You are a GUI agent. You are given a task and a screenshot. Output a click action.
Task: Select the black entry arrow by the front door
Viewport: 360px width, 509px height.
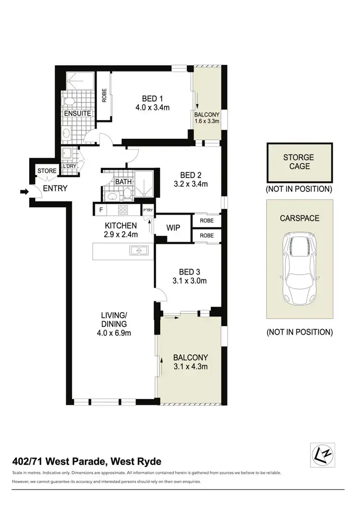pos(24,192)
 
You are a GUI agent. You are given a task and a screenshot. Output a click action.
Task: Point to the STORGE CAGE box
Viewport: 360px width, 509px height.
pos(299,162)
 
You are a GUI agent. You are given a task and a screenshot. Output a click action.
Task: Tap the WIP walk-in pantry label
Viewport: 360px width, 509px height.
pos(173,227)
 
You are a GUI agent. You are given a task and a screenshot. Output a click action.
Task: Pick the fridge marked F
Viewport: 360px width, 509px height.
pos(100,210)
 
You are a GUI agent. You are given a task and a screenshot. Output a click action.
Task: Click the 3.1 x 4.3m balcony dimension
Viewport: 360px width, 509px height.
pos(191,367)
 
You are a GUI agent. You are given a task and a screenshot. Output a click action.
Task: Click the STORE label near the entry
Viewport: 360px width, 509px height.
pos(47,170)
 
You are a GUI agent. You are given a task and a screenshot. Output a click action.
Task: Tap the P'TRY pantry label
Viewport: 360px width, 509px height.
pos(147,210)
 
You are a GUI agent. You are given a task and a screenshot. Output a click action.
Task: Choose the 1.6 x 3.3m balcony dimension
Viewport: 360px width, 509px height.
pos(207,121)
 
